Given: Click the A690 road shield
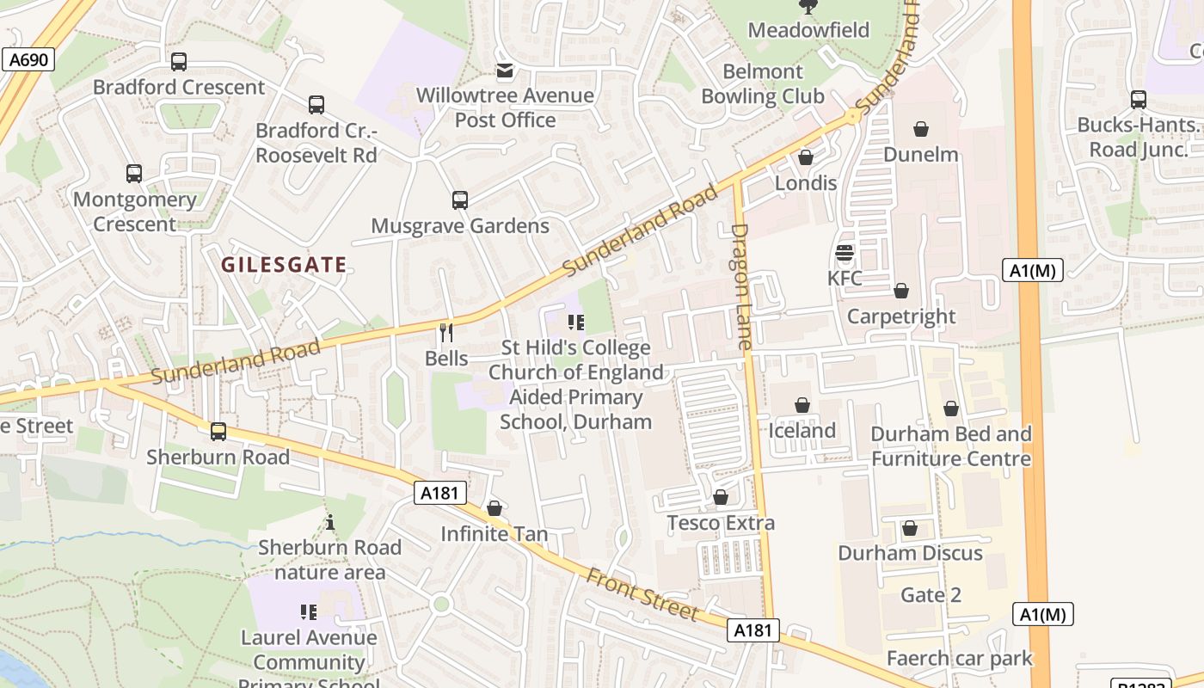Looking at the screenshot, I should [28, 59].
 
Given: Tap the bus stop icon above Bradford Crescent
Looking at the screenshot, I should [179, 62].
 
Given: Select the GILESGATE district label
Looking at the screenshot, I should [284, 265].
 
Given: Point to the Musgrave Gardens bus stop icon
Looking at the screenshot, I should [460, 200].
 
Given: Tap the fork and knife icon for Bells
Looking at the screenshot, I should [446, 331].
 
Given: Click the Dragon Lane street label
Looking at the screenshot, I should [741, 286].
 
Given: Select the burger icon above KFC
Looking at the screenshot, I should [844, 253].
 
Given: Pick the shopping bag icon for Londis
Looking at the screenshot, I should [806, 157].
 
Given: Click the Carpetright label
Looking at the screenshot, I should [900, 316].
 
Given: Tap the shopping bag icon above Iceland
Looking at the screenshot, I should [802, 405].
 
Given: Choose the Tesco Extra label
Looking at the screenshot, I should [721, 523].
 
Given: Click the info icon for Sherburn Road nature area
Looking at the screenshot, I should [329, 522].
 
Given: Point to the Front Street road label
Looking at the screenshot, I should [642, 593].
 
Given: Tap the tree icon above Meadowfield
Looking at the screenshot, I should [808, 7].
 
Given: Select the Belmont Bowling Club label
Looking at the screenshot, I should [762, 83].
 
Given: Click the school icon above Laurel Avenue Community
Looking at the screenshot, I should [309, 611].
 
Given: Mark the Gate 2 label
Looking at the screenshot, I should [931, 595].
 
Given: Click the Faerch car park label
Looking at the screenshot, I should [959, 659].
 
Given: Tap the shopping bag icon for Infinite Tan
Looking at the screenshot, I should [494, 508].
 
